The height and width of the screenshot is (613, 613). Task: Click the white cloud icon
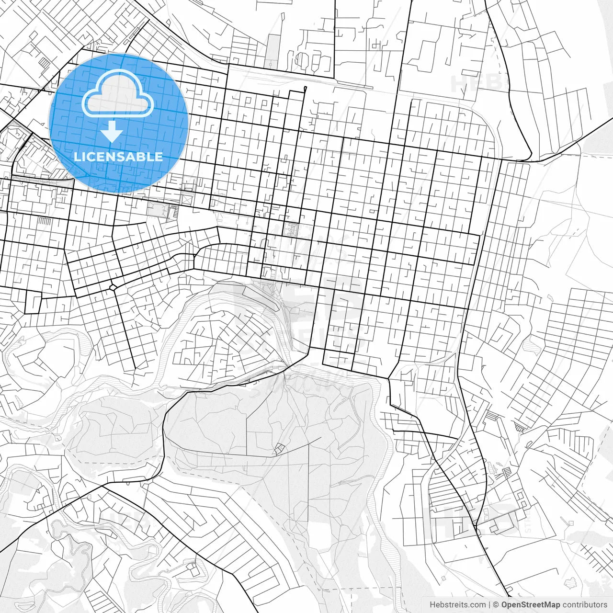tap(118, 94)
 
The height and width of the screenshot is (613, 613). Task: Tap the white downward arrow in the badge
tap(112, 131)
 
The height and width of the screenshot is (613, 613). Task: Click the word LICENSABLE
tap(118, 157)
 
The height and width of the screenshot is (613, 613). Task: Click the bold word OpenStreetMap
tap(531, 605)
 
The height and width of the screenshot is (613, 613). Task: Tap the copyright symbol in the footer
tap(496, 605)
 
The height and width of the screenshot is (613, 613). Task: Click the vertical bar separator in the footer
tap(489, 605)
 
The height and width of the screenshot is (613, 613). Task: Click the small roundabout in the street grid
tap(114, 287)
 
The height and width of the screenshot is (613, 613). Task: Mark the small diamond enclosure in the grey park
tap(278, 449)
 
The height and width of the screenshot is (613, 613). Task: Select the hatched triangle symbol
tap(519, 425)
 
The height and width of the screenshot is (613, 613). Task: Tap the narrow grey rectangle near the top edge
tap(273, 49)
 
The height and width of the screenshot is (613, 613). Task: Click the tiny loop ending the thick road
tap(306, 88)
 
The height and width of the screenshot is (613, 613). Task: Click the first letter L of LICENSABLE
tap(78, 157)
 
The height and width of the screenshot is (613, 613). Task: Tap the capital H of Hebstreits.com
tap(432, 605)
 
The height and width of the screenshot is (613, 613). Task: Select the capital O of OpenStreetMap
tap(505, 605)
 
